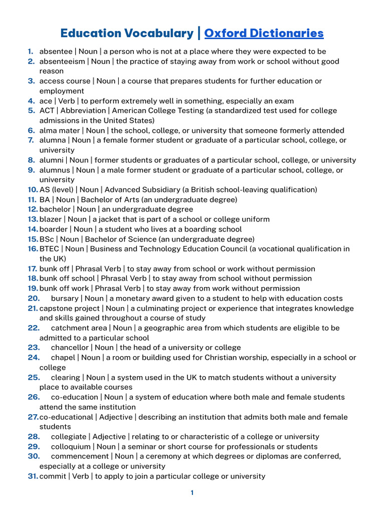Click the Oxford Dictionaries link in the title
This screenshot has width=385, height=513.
pos(264,34)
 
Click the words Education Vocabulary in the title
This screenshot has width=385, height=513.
pos(126,34)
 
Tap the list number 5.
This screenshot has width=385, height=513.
pos(31,111)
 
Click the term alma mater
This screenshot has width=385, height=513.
pos(59,130)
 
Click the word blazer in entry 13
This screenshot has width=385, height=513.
pos(51,219)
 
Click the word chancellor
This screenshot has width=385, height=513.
pos(71,348)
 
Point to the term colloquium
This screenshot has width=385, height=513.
pos(71,447)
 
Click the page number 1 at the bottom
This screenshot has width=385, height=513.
pos(192,493)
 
